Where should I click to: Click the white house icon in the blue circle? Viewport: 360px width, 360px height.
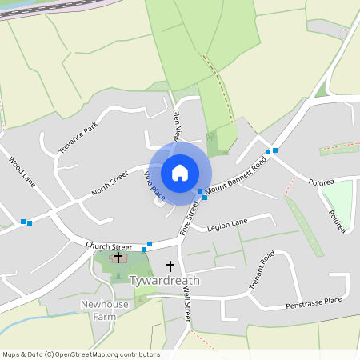180,172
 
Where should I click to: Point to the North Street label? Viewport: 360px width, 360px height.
110,183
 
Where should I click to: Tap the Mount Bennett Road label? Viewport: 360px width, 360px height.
236,178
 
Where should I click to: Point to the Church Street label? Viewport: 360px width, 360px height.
109,246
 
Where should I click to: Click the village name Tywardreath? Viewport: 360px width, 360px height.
163,281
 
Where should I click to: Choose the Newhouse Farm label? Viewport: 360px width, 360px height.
105,310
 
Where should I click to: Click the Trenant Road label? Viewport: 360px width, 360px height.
261,270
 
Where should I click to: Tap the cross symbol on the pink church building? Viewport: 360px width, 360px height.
118,258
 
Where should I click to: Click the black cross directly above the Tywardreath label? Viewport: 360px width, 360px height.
170,265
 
